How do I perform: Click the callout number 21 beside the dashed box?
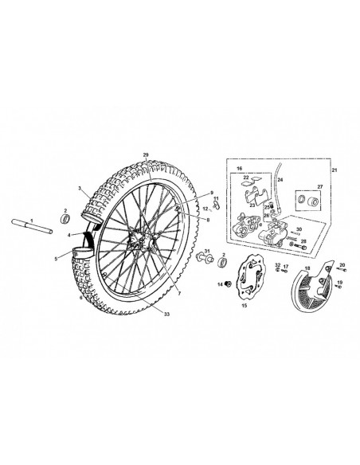335,172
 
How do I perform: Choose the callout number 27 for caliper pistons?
321,186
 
